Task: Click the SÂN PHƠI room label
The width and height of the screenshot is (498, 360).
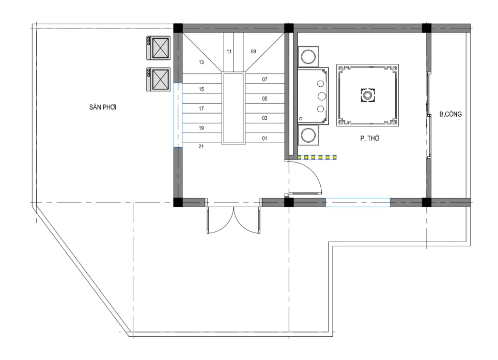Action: click(103, 107)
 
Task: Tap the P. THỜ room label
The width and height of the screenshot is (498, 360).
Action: click(370, 138)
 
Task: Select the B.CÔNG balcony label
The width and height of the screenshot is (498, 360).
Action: click(450, 114)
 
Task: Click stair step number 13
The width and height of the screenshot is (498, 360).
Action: click(201, 62)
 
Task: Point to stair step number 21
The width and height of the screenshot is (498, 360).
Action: click(201, 146)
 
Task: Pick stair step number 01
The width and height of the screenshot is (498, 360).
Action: click(264, 138)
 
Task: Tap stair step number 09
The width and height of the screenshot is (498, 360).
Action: click(253, 52)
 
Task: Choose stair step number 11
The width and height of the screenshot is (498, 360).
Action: click(229, 52)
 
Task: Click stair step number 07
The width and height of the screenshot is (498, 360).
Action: click(264, 80)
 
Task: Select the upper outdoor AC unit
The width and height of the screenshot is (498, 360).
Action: click(158, 48)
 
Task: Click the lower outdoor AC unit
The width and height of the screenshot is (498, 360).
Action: click(158, 80)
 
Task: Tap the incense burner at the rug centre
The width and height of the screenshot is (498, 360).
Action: click(368, 95)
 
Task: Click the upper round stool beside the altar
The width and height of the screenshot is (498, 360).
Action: click(308, 57)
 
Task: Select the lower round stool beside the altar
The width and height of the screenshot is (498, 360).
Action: click(308, 135)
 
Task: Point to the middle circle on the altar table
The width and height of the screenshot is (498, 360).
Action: click(321, 96)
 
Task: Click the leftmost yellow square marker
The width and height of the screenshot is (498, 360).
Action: click(300, 157)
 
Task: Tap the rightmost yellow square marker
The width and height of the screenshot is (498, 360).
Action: click(334, 157)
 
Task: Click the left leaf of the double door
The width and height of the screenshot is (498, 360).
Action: click(221, 221)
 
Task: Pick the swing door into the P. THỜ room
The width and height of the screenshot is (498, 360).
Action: click(305, 178)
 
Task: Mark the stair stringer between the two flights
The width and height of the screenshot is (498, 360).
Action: click(234, 108)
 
